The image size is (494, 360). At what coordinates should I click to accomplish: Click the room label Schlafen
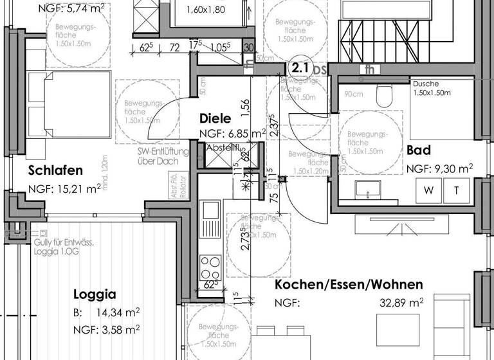(x=56, y=170)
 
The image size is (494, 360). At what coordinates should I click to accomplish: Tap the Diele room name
(x=215, y=118)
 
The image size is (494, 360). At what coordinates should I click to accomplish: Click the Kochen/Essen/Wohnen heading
(x=349, y=284)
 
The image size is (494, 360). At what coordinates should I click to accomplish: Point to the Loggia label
(x=95, y=295)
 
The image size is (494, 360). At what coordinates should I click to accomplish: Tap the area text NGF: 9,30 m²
(x=439, y=169)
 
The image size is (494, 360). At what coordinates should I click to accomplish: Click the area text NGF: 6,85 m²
(x=233, y=134)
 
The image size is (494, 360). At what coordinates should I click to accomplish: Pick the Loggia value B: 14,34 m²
(x=106, y=313)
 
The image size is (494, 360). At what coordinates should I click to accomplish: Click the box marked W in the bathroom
(x=429, y=190)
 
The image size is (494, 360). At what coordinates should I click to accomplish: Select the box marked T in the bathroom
(x=456, y=190)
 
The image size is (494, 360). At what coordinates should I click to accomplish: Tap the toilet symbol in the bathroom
(x=385, y=96)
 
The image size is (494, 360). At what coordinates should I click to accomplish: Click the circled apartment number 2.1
(x=299, y=67)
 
